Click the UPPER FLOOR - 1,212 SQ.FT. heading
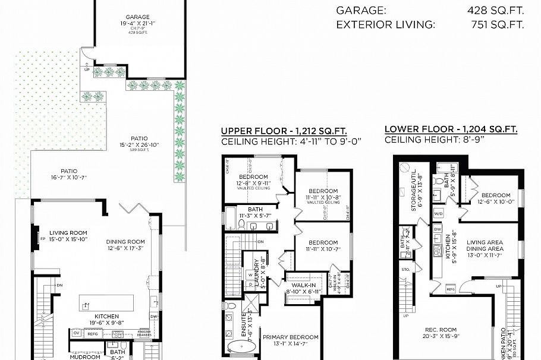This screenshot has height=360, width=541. [x=284, y=131]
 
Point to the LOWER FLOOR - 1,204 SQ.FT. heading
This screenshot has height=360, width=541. [x=451, y=129]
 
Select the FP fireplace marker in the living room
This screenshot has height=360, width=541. [x=42, y=239]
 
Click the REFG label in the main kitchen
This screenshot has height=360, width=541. [x=92, y=334]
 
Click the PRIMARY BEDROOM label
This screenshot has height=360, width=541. [x=291, y=337]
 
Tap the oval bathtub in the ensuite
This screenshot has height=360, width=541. [x=243, y=346]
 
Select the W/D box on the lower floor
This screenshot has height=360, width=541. [x=439, y=213]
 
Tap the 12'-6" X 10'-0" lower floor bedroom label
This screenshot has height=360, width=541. [x=496, y=198]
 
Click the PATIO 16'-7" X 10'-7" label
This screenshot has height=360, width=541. [x=70, y=174]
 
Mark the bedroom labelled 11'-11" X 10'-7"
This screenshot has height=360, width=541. [x=323, y=245]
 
